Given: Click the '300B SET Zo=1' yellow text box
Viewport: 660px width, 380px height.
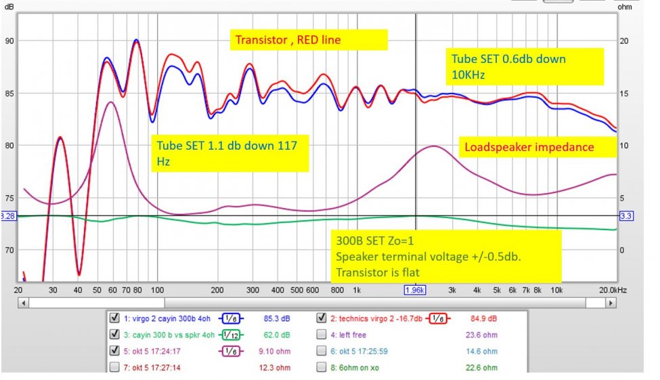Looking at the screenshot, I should point(447,256).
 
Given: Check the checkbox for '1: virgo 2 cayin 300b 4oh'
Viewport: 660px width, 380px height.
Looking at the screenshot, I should point(114,316).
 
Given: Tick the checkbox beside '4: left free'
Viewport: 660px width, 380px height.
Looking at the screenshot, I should point(322,333).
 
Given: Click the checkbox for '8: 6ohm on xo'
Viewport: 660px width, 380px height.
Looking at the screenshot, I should point(322,367).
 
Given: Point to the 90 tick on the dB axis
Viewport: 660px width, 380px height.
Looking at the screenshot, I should point(8,41).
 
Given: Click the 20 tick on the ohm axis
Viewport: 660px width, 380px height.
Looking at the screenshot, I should point(625,41).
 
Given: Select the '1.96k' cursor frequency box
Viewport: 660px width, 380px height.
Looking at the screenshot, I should point(415,290).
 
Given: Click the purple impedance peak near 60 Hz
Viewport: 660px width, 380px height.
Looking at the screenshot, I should point(110,102).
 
